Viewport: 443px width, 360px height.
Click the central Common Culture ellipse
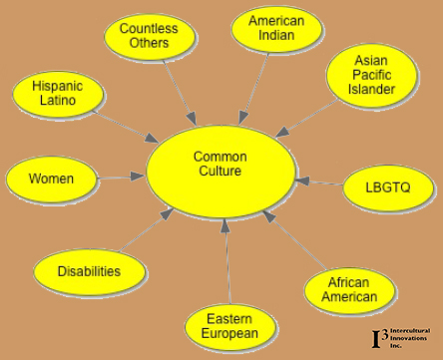point(221,166)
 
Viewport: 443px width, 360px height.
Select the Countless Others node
point(149,36)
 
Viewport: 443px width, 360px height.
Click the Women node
point(51,179)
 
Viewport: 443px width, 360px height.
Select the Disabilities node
point(89,270)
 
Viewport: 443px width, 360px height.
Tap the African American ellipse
point(350,289)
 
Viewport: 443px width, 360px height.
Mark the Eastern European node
point(230,325)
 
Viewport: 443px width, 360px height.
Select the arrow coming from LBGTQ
point(320,183)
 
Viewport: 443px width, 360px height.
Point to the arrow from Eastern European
point(227,264)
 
